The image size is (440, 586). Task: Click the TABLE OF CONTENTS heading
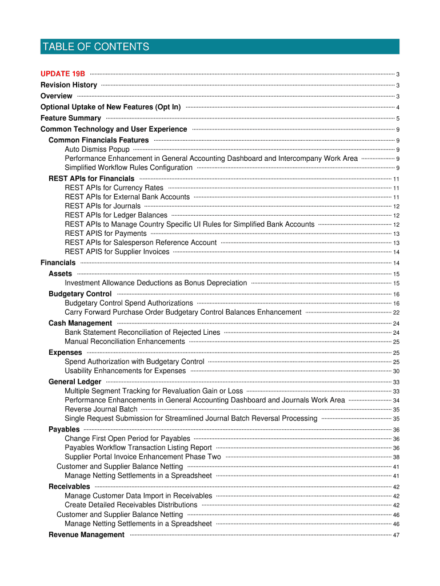(95, 47)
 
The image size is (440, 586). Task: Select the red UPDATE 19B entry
(63, 74)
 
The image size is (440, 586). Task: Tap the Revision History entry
(69, 85)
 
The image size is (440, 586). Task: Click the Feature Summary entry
(71, 118)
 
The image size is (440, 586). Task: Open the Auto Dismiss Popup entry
(97, 149)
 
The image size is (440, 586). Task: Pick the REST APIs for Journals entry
(103, 206)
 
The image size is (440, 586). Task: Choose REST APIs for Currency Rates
(114, 188)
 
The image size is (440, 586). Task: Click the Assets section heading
(61, 274)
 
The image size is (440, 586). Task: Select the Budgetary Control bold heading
(80, 294)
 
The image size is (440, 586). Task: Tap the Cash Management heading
(80, 323)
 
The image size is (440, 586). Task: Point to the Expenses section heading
(65, 353)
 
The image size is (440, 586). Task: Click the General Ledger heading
(75, 382)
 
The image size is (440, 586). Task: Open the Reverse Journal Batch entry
(101, 410)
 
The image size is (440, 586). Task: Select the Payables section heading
(64, 429)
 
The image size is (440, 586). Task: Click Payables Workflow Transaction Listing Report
(138, 448)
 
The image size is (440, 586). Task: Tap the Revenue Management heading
(86, 535)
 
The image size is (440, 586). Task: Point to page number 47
(396, 536)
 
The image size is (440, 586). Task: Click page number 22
(396, 313)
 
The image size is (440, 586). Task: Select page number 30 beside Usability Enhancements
(396, 371)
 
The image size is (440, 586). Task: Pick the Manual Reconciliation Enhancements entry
(125, 342)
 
